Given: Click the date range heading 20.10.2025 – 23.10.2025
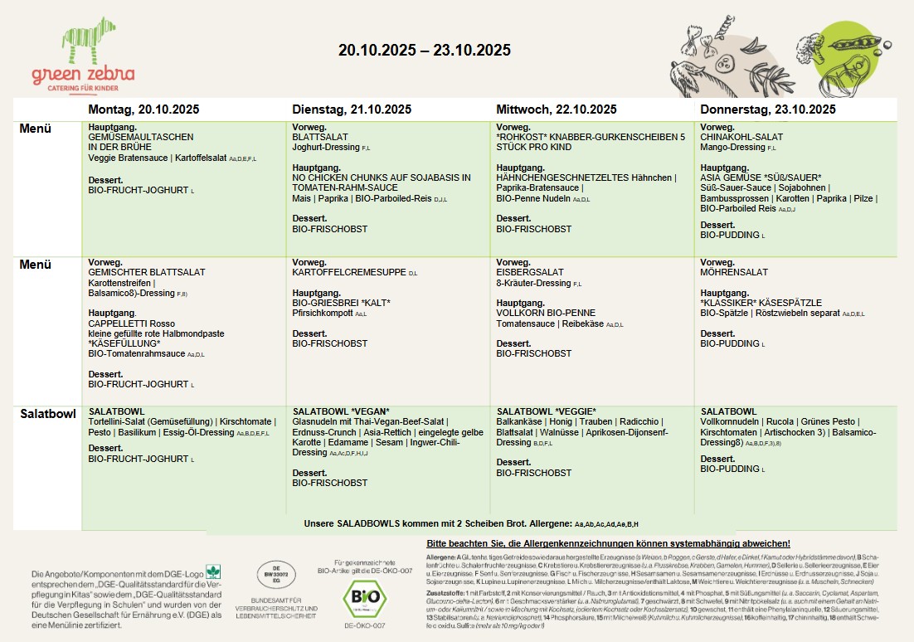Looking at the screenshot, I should point(424,51).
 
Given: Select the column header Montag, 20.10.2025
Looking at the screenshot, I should point(143,109).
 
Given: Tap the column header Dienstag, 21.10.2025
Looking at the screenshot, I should point(352,109).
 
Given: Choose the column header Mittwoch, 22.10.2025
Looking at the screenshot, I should point(556,109).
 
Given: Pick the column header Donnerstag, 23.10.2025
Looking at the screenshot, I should point(768,109).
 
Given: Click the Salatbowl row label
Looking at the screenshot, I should point(48,413).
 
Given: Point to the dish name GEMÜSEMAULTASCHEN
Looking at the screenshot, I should point(141,137).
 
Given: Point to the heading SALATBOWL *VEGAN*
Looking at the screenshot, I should point(341,411).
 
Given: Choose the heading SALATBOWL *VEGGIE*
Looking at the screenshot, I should point(547,411).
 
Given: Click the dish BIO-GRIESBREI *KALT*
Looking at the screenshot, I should point(341,303).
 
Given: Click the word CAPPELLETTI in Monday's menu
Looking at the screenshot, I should point(115,323).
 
